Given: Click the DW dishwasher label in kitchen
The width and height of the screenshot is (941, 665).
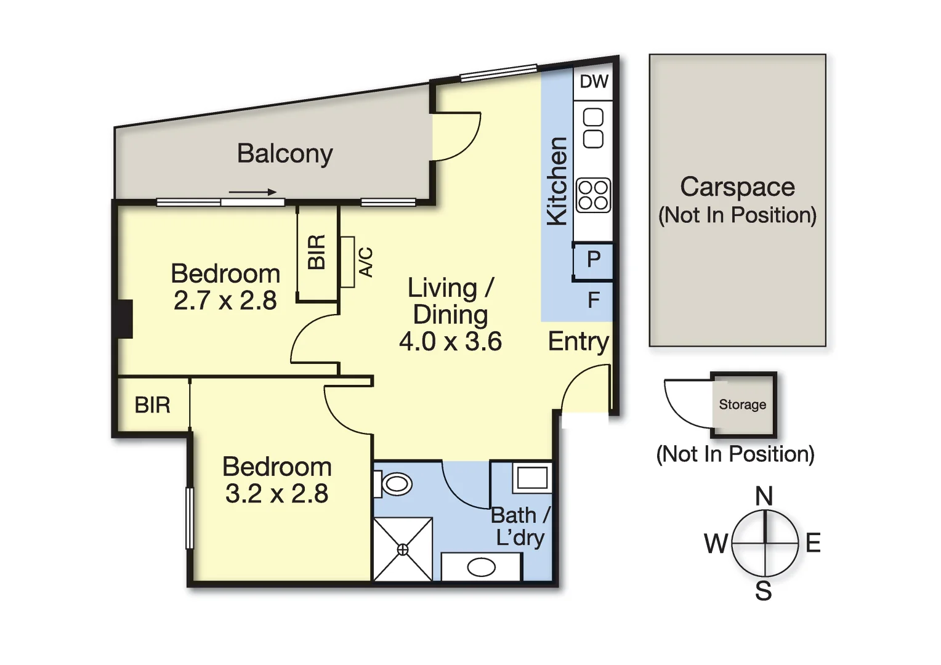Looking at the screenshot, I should click(x=594, y=81).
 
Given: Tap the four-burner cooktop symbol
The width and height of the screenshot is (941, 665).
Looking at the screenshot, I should click(x=593, y=195).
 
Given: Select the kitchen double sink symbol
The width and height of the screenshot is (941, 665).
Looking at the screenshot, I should click(x=593, y=128).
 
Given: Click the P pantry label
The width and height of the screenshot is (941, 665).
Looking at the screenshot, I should click(x=594, y=259).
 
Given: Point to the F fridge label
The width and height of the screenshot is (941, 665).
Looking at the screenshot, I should click(x=594, y=300).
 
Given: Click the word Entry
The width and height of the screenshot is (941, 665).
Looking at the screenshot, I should click(x=578, y=341).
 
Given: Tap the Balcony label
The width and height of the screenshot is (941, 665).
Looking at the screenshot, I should click(x=285, y=153).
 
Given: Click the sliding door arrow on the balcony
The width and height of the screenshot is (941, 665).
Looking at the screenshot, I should click(x=252, y=192).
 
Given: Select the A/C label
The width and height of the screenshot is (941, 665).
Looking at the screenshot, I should click(x=366, y=262).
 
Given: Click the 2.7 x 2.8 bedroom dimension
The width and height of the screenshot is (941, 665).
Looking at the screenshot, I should click(x=225, y=300).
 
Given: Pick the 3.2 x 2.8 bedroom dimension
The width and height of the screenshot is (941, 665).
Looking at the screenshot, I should click(x=277, y=493).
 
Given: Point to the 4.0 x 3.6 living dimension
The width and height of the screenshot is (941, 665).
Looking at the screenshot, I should click(x=450, y=341).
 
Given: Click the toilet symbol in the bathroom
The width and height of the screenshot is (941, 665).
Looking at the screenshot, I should click(x=395, y=483).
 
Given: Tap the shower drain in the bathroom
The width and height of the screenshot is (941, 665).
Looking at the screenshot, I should click(x=403, y=550).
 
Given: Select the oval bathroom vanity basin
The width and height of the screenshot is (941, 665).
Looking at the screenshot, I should click(x=482, y=567).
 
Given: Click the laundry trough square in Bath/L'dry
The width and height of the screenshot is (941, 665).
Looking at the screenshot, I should click(x=532, y=477).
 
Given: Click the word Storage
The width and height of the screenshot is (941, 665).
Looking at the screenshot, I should click(x=743, y=405).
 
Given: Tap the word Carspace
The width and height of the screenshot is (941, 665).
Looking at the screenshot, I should click(x=737, y=187).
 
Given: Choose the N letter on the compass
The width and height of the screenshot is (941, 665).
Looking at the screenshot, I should click(x=764, y=496).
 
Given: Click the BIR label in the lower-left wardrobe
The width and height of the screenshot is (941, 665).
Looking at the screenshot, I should click(x=152, y=405).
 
